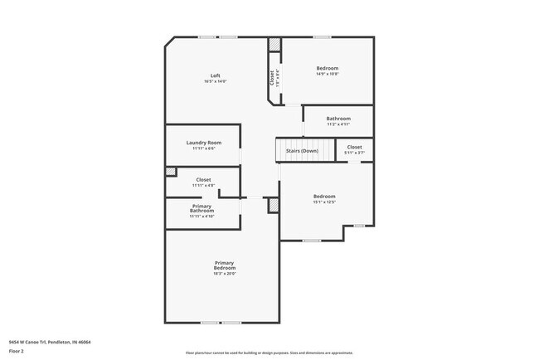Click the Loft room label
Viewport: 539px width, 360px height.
[x=215, y=75]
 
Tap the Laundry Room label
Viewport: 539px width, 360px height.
[x=203, y=143]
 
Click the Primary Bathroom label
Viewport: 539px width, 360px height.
[x=202, y=208]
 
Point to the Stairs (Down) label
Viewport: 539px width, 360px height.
[x=302, y=151]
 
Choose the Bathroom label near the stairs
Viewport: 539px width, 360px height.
[x=338, y=119]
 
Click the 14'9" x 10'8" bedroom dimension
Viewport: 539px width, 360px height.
[x=328, y=74]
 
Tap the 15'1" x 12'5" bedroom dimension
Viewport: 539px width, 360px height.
[x=324, y=202]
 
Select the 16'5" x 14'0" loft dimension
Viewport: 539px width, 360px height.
[x=215, y=81]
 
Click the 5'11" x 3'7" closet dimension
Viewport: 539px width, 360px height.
[x=355, y=153]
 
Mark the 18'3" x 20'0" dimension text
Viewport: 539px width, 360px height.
[x=225, y=273]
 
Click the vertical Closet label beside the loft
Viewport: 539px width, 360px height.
[x=271, y=76]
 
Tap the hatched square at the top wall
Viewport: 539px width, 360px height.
[x=274, y=44]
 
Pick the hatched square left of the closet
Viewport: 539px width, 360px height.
[x=171, y=172]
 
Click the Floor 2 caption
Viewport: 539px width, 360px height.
[x=17, y=351]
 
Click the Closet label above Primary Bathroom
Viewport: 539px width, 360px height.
[x=203, y=179]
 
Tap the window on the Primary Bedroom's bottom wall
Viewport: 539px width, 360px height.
[x=221, y=323]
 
